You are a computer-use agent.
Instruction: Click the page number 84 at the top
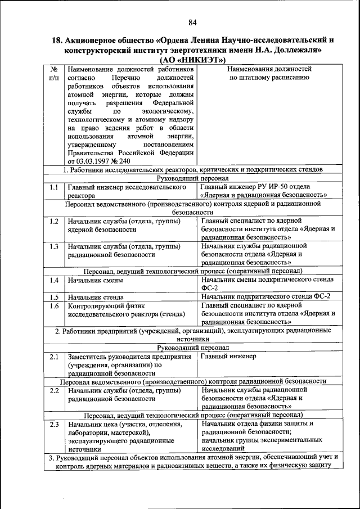pyautogui.click(x=192, y=22)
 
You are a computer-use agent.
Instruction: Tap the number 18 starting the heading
pyautogui.click(x=57, y=40)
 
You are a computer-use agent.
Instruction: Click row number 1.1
pyautogui.click(x=54, y=187)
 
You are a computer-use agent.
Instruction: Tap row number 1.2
pyautogui.click(x=54, y=220)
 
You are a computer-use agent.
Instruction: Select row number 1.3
pyautogui.click(x=54, y=246)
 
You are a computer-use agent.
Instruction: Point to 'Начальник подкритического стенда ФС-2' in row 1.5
pyautogui.click(x=266, y=296)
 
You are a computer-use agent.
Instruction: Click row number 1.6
pyautogui.click(x=54, y=306)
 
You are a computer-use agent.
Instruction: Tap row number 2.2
pyautogui.click(x=54, y=390)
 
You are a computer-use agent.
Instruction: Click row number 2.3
pyautogui.click(x=54, y=424)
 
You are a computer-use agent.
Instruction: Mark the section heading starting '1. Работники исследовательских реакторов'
pyautogui.click(x=192, y=169)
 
